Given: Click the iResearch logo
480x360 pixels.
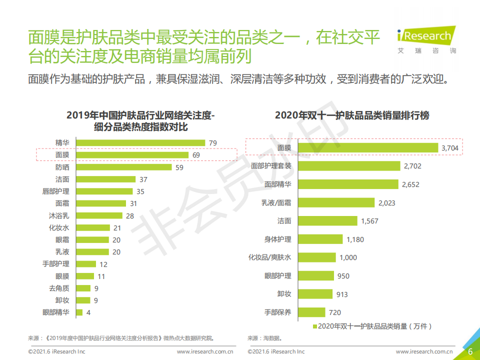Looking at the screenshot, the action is [x=426, y=40].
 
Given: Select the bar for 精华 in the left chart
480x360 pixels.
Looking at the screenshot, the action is [x=140, y=143].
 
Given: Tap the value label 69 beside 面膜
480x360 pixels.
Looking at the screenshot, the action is [x=196, y=155].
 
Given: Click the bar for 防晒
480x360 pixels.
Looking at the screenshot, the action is [x=124, y=167].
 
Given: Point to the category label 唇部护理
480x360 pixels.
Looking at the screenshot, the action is [x=55, y=191].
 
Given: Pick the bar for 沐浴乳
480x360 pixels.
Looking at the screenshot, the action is [x=99, y=215].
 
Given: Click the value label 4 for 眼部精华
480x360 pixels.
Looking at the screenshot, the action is [x=88, y=312].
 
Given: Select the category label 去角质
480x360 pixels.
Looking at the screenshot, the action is [x=59, y=288].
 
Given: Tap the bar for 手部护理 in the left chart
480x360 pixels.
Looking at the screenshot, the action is [x=86, y=264].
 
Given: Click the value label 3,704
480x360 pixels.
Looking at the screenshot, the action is [x=449, y=148].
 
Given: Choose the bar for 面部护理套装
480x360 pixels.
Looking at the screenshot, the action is [x=349, y=166].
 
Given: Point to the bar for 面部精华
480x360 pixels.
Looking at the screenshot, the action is [x=348, y=184].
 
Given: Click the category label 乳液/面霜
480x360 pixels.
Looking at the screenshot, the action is [x=276, y=202].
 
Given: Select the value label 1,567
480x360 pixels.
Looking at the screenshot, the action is [x=369, y=221].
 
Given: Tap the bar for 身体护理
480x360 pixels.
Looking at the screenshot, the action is [x=320, y=239].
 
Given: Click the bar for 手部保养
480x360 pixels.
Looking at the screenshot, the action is [x=311, y=312].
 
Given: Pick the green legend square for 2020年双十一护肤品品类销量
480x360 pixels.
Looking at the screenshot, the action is [x=314, y=326].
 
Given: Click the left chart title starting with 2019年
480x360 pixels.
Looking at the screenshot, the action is [x=140, y=121].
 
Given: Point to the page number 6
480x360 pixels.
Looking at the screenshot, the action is [x=470, y=351].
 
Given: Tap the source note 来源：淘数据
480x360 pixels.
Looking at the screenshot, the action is [x=264, y=338].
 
